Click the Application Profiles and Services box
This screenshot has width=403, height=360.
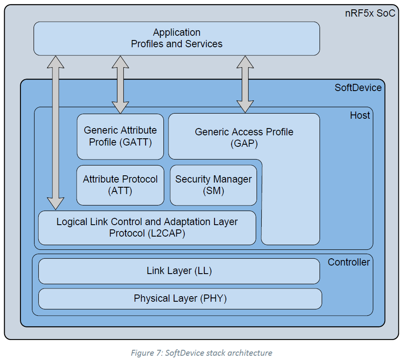click(177, 38)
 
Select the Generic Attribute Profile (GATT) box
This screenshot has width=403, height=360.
click(120, 137)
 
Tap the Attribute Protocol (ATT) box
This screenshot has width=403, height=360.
click(120, 185)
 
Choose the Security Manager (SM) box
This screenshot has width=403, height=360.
click(213, 185)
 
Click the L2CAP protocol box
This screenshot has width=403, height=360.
click(147, 228)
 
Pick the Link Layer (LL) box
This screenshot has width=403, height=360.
click(179, 271)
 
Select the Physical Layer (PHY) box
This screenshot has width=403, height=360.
click(180, 299)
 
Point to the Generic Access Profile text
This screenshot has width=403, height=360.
click(244, 132)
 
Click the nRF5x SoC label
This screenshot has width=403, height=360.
click(369, 13)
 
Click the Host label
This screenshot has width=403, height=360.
click(360, 115)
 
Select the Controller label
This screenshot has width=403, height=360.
click(349, 262)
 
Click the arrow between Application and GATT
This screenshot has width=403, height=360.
click(120, 84)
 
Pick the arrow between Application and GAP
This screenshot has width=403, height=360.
click(245, 84)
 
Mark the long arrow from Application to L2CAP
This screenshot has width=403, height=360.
click(55, 132)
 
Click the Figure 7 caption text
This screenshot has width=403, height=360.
click(201, 353)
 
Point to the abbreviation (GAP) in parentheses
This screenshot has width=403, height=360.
click(244, 144)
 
